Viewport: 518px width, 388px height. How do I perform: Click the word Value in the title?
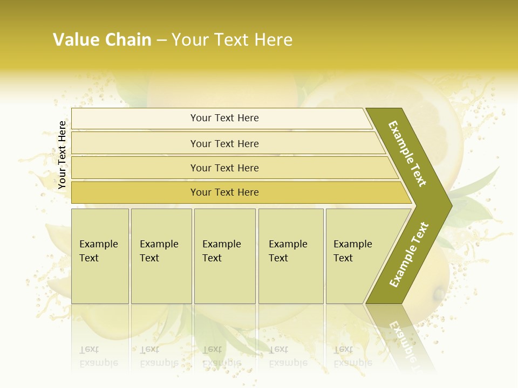coord(76,40)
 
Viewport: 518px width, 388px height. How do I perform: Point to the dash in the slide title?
coord(161,40)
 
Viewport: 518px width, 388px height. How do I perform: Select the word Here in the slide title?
coord(273,40)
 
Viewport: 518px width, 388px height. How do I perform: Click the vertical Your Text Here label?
coord(62,155)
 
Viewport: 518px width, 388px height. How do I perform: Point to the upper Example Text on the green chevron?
coord(407,154)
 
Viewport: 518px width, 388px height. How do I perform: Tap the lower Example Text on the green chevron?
coord(409,255)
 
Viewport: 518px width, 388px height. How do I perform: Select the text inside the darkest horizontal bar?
coord(224,192)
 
